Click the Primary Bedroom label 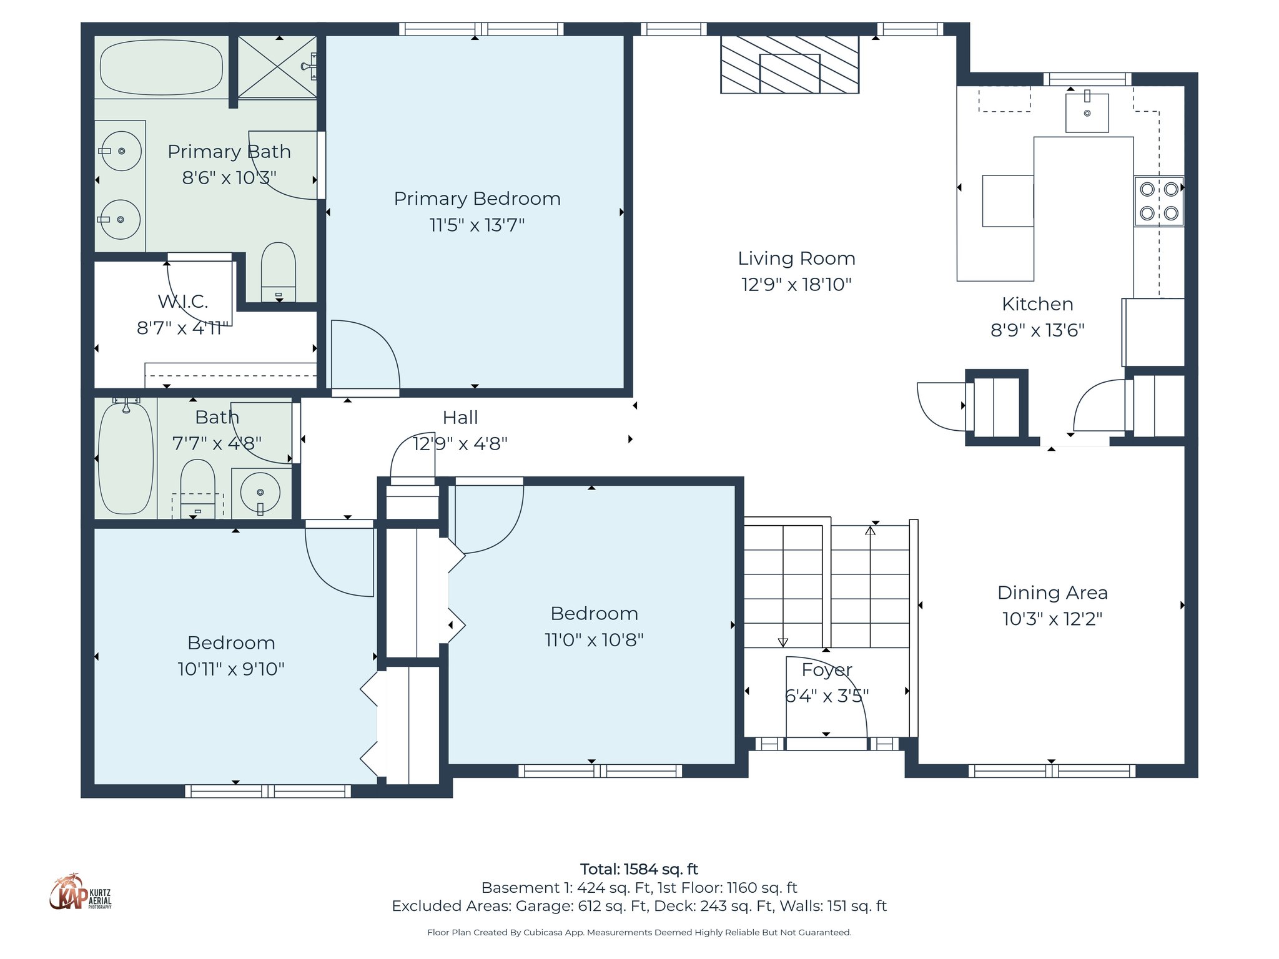[x=477, y=199]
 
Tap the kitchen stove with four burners [x=1158, y=201]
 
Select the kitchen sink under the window [x=1087, y=113]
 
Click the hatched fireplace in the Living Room [x=789, y=65]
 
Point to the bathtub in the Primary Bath [x=161, y=67]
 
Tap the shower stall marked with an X [x=277, y=67]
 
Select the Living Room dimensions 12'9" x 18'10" [x=796, y=285]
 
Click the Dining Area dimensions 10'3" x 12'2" [x=1052, y=619]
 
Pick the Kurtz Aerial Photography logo [x=80, y=893]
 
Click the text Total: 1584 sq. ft [x=639, y=869]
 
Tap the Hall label [x=460, y=418]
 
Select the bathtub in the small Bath [x=126, y=459]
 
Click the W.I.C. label [x=183, y=302]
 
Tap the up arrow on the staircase [x=870, y=531]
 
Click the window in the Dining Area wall [x=1052, y=770]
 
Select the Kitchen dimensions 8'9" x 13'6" [x=1037, y=330]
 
